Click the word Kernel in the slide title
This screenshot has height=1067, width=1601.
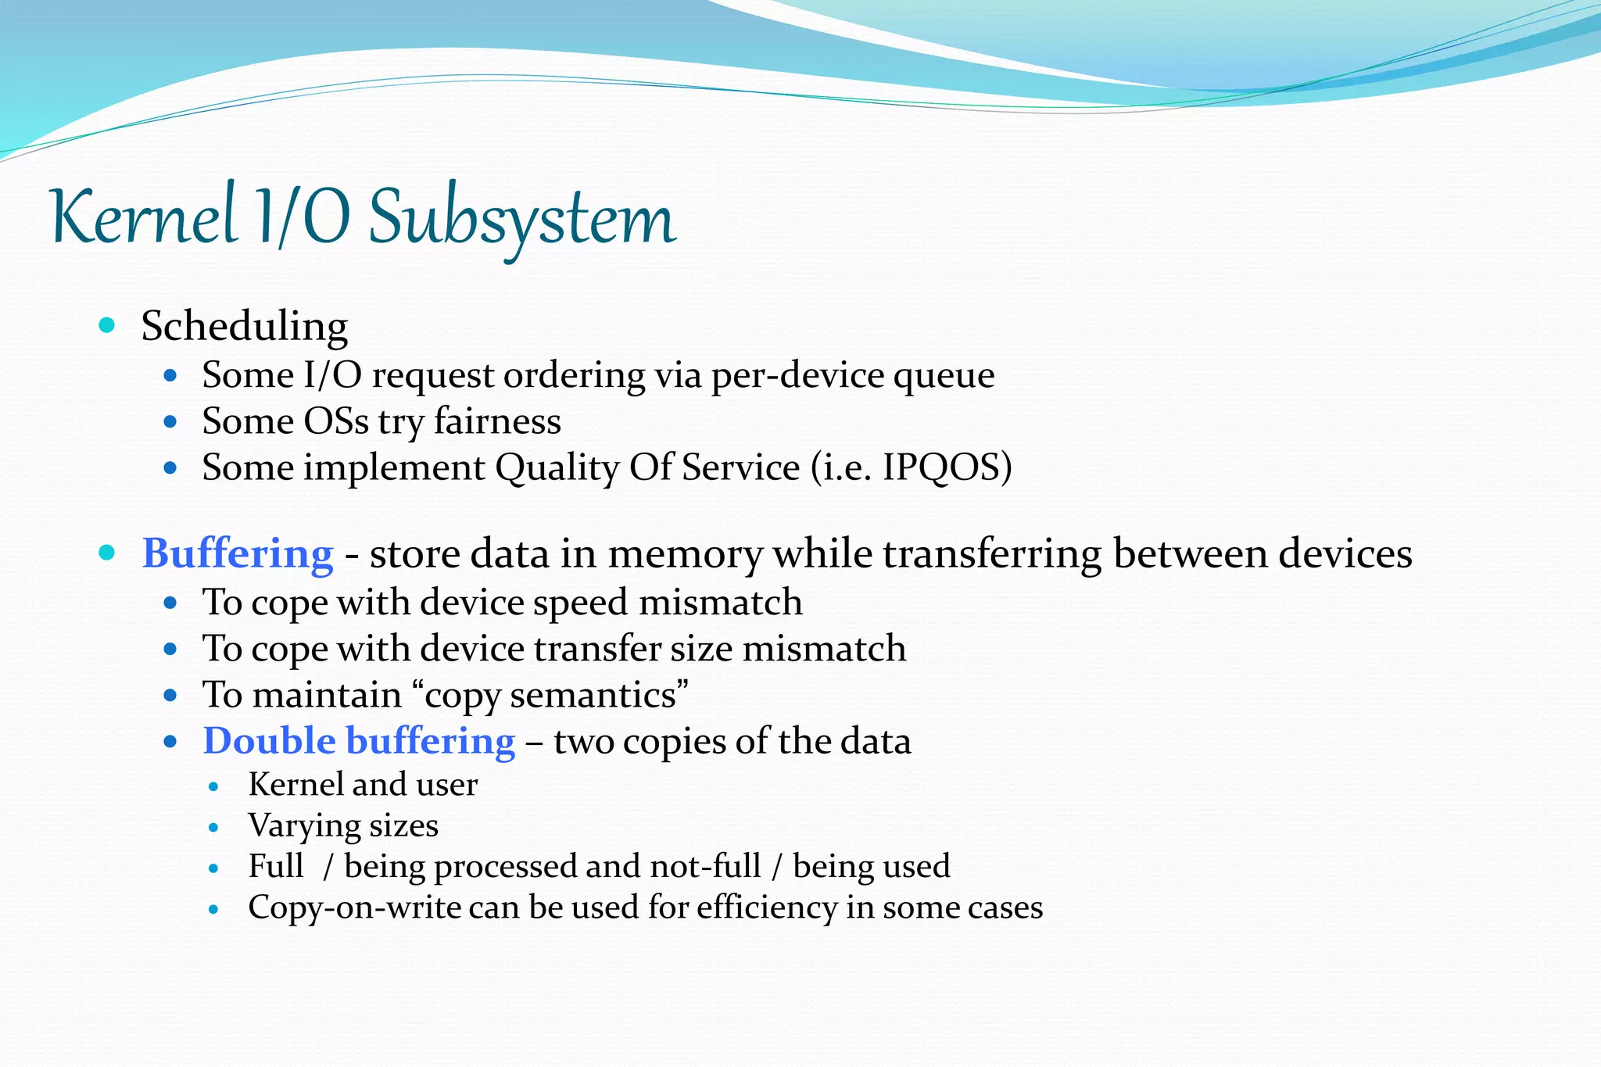click(144, 217)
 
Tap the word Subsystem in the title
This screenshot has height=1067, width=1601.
click(521, 220)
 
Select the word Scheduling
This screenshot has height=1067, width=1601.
click(245, 326)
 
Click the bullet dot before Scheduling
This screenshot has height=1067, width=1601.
click(108, 324)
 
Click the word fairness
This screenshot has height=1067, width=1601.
click(497, 421)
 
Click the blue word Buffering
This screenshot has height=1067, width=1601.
click(238, 553)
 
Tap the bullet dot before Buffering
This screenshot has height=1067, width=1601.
click(108, 553)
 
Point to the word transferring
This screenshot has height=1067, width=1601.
click(992, 553)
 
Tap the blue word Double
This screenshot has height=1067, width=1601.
click(269, 741)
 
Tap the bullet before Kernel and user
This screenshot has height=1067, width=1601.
click(214, 786)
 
